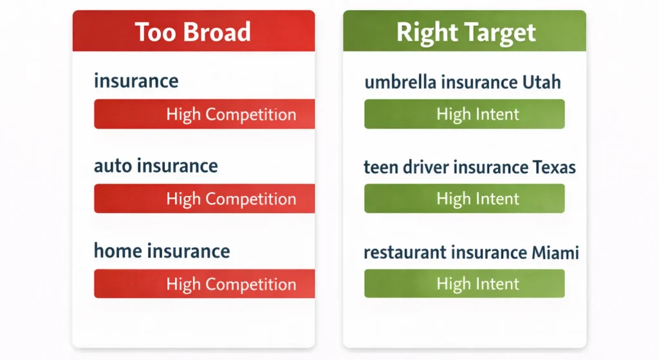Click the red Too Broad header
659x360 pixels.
click(x=194, y=31)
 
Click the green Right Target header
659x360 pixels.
click(x=465, y=31)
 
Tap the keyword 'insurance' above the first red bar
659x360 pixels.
click(x=136, y=81)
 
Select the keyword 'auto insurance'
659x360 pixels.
click(x=156, y=166)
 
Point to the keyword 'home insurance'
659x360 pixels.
click(x=162, y=251)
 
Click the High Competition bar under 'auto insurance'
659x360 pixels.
click(x=204, y=198)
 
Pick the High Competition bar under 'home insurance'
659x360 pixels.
click(x=204, y=284)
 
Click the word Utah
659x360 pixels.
click(x=541, y=82)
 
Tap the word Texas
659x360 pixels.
click(x=554, y=167)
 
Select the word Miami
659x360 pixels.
click(x=555, y=252)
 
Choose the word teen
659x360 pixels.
click(x=381, y=167)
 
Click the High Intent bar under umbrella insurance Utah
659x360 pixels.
click(x=465, y=114)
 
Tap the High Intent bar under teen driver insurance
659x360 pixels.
click(x=465, y=198)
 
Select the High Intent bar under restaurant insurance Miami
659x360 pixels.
click(x=465, y=283)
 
